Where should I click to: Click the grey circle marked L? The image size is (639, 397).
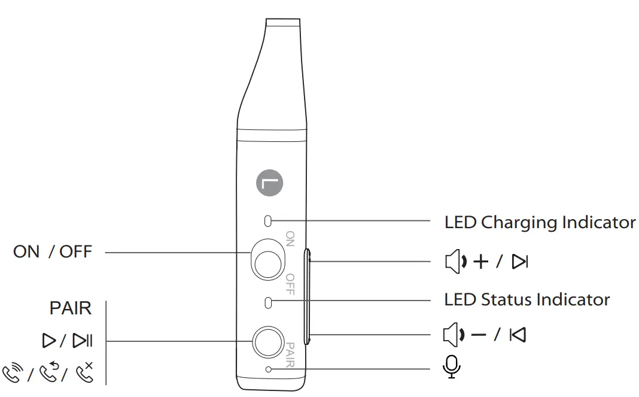pyautogui.click(x=269, y=183)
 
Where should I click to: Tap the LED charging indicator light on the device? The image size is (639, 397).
pyautogui.click(x=267, y=221)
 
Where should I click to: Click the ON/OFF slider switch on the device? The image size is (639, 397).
pyautogui.click(x=267, y=259)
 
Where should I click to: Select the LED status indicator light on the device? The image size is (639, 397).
pyautogui.click(x=268, y=303)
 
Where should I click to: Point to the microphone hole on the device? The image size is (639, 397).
pyautogui.click(x=268, y=369)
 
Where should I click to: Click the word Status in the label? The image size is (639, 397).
pyautogui.click(x=506, y=300)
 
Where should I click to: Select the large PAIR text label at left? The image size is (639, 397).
pyautogui.click(x=71, y=308)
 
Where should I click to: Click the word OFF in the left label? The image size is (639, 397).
pyautogui.click(x=76, y=251)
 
